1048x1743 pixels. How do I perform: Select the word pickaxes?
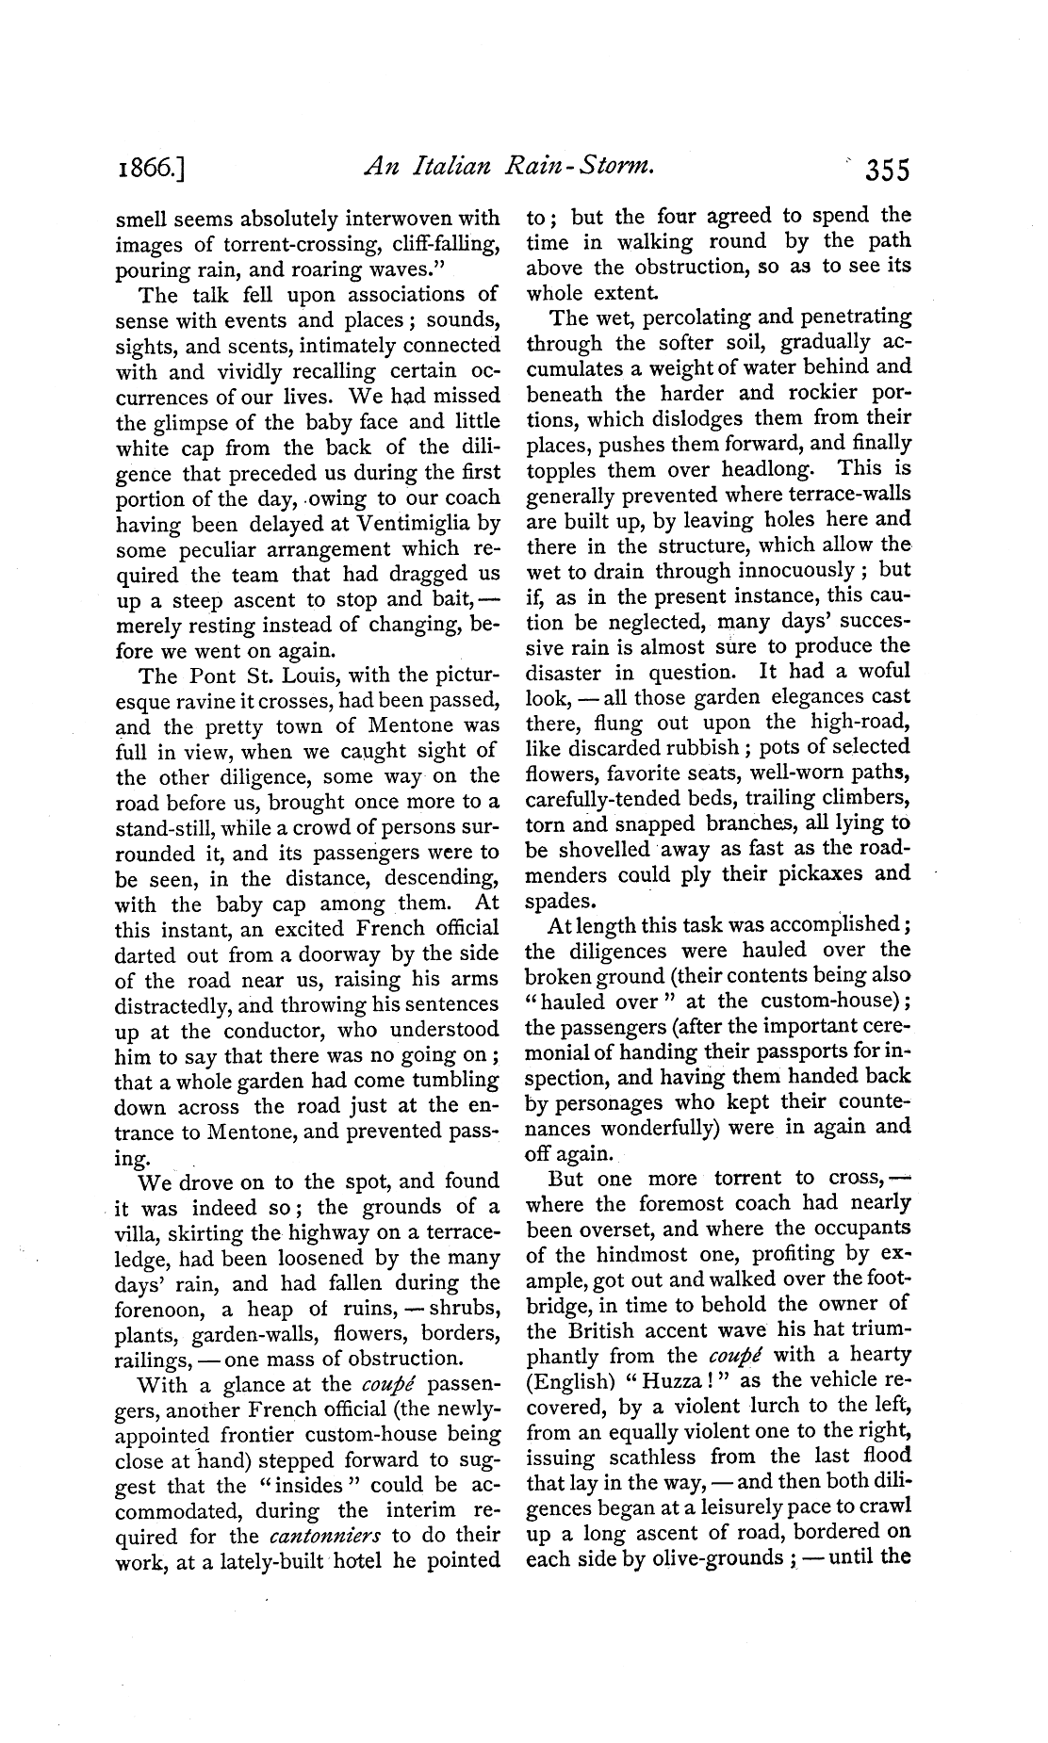(833, 873)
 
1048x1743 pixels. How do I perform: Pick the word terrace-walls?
(849, 494)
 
